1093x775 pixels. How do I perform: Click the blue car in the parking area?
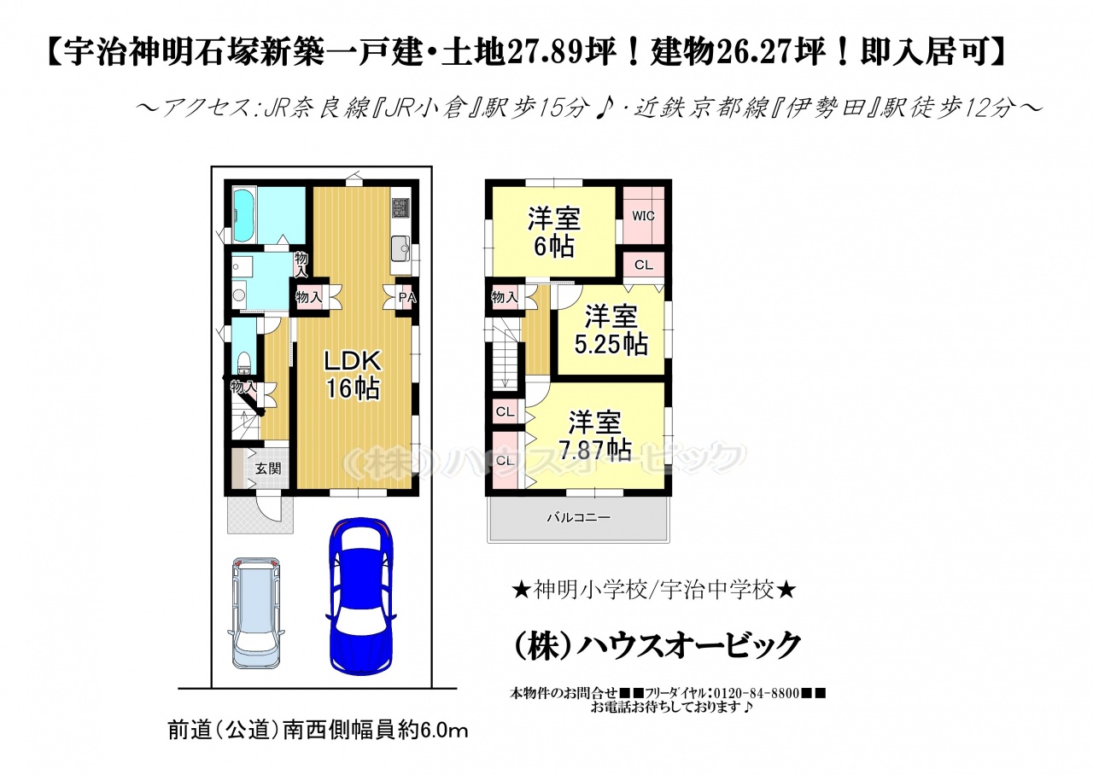[x=361, y=597]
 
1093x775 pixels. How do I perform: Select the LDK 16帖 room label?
[x=353, y=375]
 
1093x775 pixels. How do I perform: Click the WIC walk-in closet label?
[x=643, y=216]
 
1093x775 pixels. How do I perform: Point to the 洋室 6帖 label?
[x=554, y=233]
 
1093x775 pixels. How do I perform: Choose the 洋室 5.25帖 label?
[x=611, y=330]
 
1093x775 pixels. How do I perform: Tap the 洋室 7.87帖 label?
[x=595, y=436]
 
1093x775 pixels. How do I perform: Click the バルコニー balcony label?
[x=578, y=517]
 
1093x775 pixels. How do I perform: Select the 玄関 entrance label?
[x=268, y=469]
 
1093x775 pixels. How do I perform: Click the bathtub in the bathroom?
[x=244, y=216]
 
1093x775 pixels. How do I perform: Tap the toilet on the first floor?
[x=243, y=363]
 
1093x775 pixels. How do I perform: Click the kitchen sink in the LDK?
[x=401, y=248]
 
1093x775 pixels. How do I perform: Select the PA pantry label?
[x=407, y=298]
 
